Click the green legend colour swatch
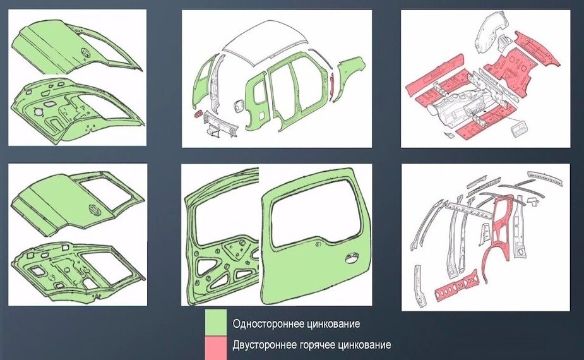point(216,322)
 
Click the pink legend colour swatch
point(216,347)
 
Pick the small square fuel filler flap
point(239,106)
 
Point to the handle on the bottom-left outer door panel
point(93,210)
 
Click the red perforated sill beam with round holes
point(456,284)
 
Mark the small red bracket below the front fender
point(197,112)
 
